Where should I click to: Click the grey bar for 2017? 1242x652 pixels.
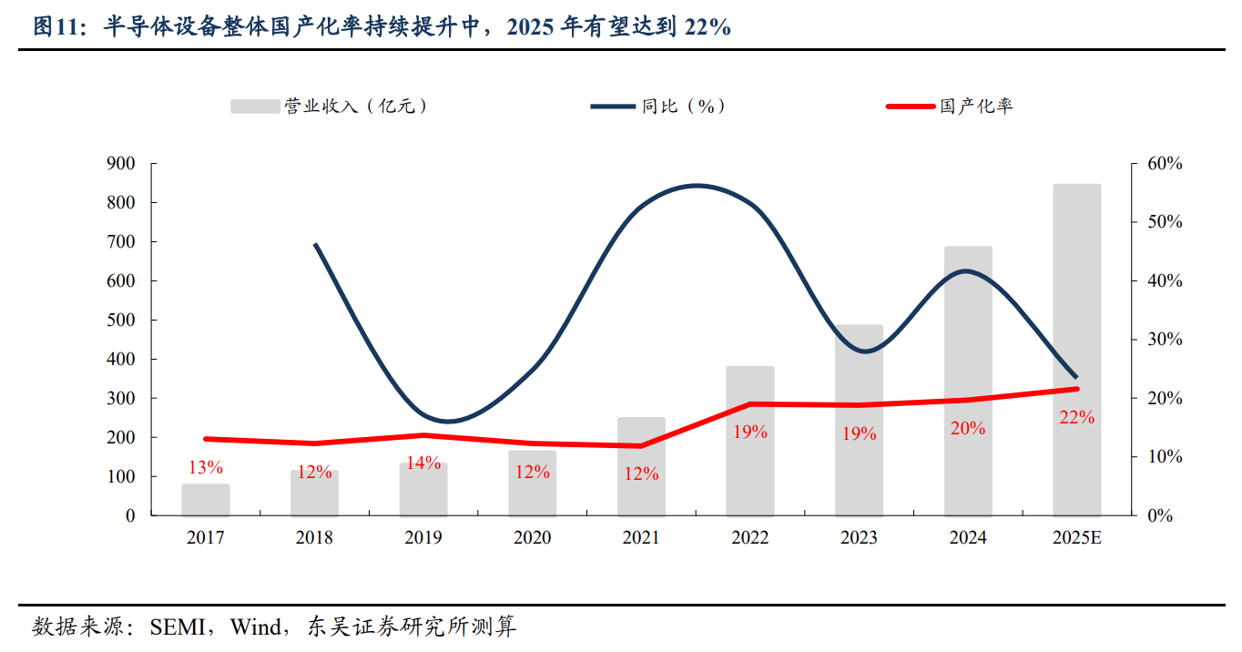click(x=205, y=500)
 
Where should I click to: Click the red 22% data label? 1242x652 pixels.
click(x=1077, y=418)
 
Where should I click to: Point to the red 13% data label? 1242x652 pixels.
click(x=206, y=467)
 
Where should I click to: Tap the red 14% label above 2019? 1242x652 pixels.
click(x=423, y=463)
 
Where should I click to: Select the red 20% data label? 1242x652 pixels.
click(x=968, y=428)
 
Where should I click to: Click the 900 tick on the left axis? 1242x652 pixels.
click(x=120, y=164)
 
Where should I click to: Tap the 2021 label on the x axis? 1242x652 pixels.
click(x=641, y=538)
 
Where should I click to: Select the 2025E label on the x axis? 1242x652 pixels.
click(x=1076, y=538)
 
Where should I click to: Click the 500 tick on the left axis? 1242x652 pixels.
click(x=120, y=321)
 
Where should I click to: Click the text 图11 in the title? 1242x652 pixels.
click(x=54, y=27)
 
